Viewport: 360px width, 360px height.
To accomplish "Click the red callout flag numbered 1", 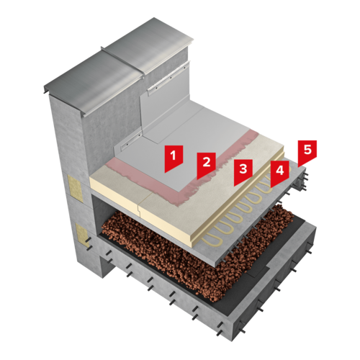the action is [174, 158].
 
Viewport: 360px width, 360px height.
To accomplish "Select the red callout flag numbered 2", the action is [206, 164].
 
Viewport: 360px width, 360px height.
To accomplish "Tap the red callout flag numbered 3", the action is [243, 171].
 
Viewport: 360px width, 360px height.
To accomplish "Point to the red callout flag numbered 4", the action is [279, 173].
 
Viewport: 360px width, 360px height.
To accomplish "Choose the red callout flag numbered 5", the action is [307, 153].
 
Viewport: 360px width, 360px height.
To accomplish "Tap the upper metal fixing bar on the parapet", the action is [168, 78].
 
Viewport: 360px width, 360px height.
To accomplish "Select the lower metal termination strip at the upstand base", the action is [131, 141].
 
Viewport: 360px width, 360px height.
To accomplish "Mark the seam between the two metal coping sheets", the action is [122, 61].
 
